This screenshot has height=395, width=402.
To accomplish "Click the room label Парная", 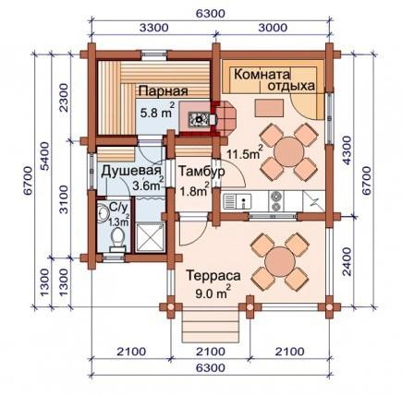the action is coord(163,91).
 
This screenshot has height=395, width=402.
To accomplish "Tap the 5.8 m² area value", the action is coord(157,111).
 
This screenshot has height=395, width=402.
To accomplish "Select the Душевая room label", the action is coord(131,172).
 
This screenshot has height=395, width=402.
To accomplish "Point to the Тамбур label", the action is coord(201,172).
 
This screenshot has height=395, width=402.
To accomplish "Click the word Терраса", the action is coord(213,276).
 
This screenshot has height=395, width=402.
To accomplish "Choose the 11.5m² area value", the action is coord(245,152).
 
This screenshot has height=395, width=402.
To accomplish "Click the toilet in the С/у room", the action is coord(117,239).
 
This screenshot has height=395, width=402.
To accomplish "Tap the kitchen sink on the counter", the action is coord(238,201).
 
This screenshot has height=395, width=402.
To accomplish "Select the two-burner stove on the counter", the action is coord(276,201).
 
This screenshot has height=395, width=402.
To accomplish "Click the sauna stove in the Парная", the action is coord(199,119).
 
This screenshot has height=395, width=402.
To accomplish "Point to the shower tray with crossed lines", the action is coord(150,237).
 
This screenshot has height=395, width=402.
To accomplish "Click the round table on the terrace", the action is coord(280,261).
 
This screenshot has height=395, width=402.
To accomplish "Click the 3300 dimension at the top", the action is coord(154,28).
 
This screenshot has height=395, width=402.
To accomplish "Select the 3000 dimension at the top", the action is coord(273,28).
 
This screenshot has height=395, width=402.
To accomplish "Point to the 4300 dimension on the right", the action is coord(347,150).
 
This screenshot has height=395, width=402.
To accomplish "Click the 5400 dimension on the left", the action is coord(45,156).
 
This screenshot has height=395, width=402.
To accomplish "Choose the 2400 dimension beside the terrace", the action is coord(347,261).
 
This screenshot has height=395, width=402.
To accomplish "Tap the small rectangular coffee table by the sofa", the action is coord(269,108).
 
